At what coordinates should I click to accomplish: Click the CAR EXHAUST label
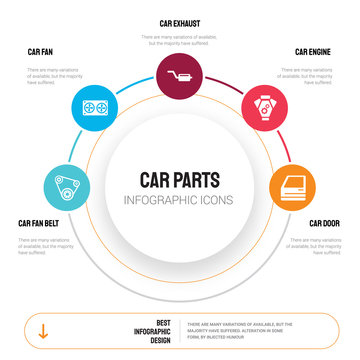[x=179, y=22]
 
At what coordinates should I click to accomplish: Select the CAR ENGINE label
[x=313, y=50]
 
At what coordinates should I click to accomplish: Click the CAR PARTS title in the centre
[x=180, y=179]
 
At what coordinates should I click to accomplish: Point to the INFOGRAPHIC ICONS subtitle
[x=180, y=200]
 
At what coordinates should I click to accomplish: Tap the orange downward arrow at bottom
[x=42, y=329]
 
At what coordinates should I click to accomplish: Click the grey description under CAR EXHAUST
[x=180, y=41]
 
